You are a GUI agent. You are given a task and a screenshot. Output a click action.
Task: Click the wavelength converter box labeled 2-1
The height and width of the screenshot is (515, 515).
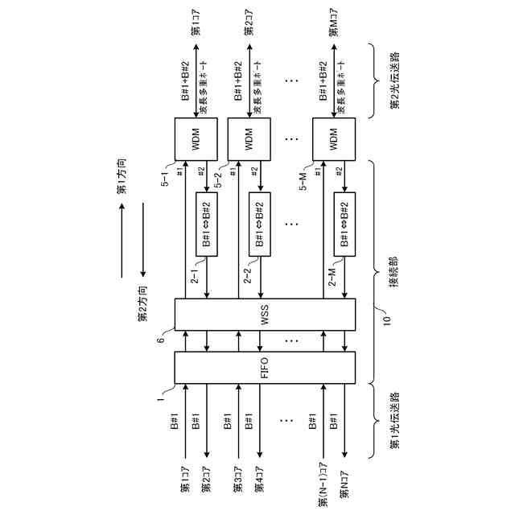pyautogui.click(x=207, y=225)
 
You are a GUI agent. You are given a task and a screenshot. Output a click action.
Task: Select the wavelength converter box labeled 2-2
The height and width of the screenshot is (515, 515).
pyautogui.click(x=260, y=225)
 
